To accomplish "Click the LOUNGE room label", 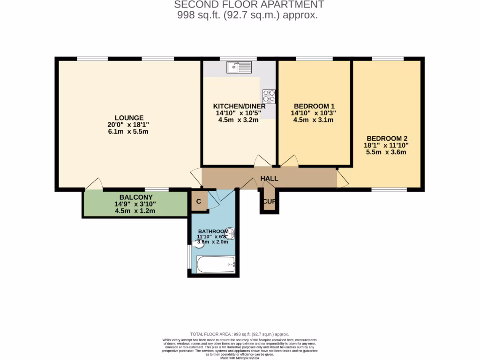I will tap(129, 118).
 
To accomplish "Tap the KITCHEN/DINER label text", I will tap(239, 106).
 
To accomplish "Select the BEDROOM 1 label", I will tap(313, 106).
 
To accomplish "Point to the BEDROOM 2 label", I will tap(387, 138).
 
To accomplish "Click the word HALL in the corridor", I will tap(269, 179).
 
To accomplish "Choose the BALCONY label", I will tap(135, 197).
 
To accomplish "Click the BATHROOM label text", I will tap(213, 232).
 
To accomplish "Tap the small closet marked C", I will tap(199, 202).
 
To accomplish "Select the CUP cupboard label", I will tap(269, 202).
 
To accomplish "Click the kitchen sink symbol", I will tap(239, 67).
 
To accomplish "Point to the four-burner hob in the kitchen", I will tap(269, 96).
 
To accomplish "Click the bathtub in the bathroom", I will tap(216, 264).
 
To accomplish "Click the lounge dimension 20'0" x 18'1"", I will tap(129, 125).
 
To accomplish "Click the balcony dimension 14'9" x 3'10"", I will tap(135, 204).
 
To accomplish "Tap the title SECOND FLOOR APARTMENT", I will tap(249, 5).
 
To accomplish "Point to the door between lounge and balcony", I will tap(94, 184).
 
